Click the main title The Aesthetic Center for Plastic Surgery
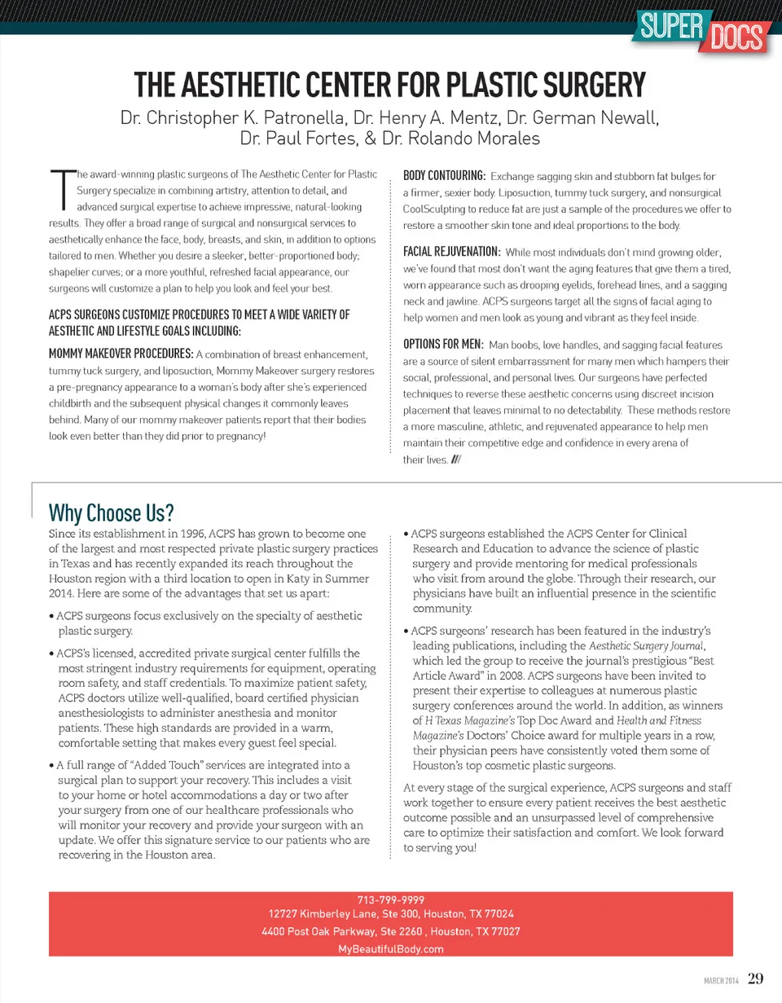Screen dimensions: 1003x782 [x=390, y=84]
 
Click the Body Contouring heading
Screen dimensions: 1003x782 [x=445, y=175]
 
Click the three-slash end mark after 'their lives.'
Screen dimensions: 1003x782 [x=461, y=460]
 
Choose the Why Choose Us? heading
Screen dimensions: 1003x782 [x=112, y=512]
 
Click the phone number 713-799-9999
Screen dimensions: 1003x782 [x=391, y=900]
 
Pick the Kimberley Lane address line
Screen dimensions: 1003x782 [x=391, y=915]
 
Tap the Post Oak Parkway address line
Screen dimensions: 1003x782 [x=391, y=932]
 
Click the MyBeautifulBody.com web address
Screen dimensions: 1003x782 [x=391, y=949]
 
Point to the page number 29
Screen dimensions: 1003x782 [x=756, y=978]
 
